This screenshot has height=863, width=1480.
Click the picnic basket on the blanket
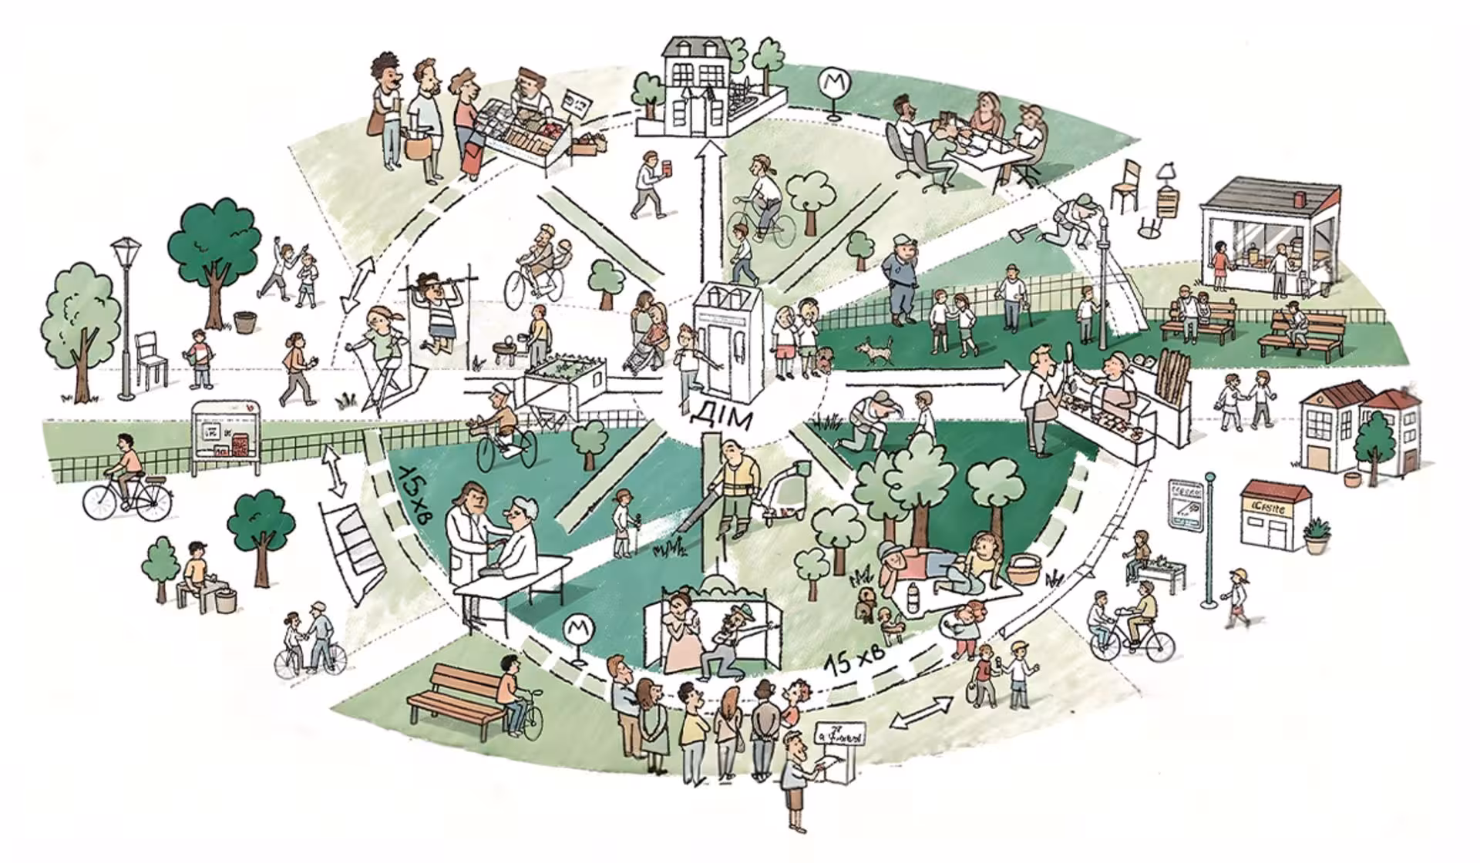coord(1024,569)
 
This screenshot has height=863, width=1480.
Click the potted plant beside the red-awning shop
coord(1317,534)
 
